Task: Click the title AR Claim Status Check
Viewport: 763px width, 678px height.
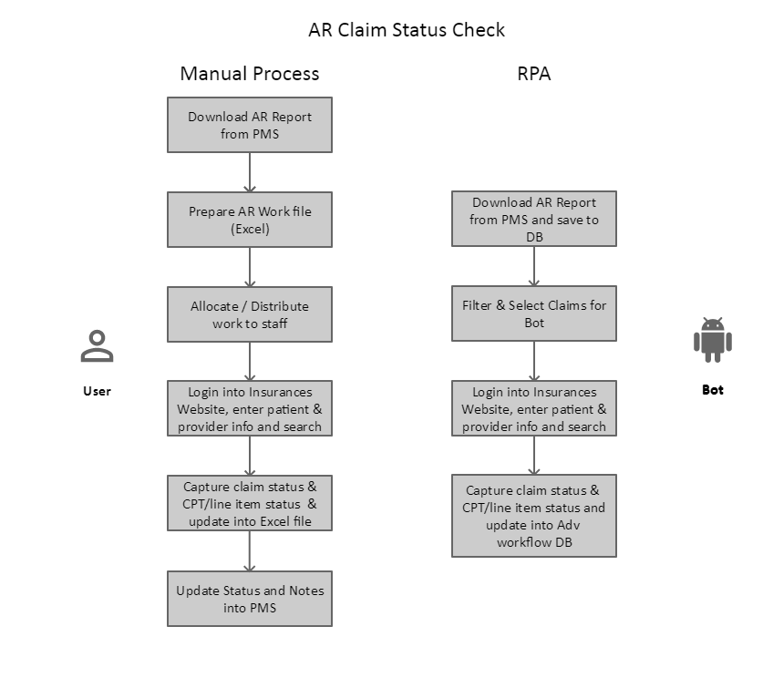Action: [407, 30]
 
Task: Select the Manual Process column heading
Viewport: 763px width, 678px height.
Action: [250, 74]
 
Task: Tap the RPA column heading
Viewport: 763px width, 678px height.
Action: [534, 74]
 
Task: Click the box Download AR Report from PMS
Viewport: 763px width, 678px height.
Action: [250, 125]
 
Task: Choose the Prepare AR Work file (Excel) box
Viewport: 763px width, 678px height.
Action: [250, 220]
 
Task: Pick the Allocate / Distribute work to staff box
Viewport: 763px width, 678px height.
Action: [250, 314]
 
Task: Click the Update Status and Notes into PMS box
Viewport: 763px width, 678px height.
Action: [250, 599]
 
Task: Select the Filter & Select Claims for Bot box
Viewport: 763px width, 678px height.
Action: [534, 313]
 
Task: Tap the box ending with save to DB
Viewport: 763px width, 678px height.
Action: [534, 219]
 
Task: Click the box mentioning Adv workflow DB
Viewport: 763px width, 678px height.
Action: [534, 516]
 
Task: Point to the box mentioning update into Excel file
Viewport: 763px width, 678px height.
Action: [250, 503]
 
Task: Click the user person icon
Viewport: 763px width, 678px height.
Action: [97, 345]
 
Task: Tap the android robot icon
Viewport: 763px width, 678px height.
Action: [712, 340]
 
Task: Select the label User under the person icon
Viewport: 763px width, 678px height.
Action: [97, 391]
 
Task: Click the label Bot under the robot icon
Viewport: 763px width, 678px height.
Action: [712, 390]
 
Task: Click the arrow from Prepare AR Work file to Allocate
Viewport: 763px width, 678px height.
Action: [250, 267]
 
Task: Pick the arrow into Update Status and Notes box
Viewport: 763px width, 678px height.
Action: [250, 550]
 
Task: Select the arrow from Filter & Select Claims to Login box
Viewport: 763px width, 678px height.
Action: [534, 361]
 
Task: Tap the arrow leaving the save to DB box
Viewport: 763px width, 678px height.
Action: [534, 266]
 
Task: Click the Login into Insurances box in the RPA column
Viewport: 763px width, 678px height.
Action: [534, 408]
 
